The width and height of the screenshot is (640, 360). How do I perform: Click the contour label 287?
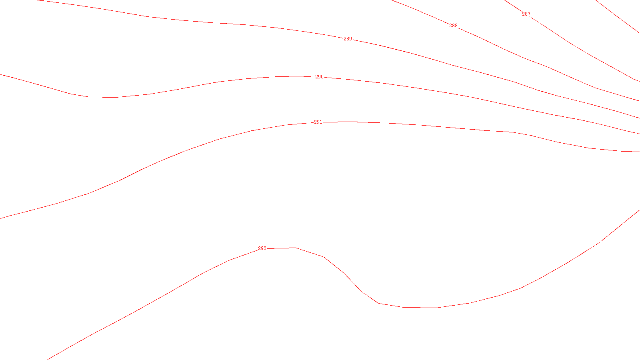click(x=526, y=14)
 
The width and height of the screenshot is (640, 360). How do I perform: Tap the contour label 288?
click(x=453, y=26)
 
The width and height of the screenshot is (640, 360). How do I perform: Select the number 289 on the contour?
click(x=348, y=39)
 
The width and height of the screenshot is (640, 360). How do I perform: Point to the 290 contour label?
click(x=319, y=77)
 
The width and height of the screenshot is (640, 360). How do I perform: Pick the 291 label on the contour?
click(x=318, y=122)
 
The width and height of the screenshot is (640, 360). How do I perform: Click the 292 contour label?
click(x=262, y=248)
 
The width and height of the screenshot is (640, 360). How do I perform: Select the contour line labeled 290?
click(x=440, y=92)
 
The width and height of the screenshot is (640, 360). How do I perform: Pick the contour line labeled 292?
click(x=520, y=288)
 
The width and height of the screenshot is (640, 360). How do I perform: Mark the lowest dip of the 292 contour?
click(x=420, y=308)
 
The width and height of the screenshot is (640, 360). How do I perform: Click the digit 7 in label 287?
click(x=529, y=14)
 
